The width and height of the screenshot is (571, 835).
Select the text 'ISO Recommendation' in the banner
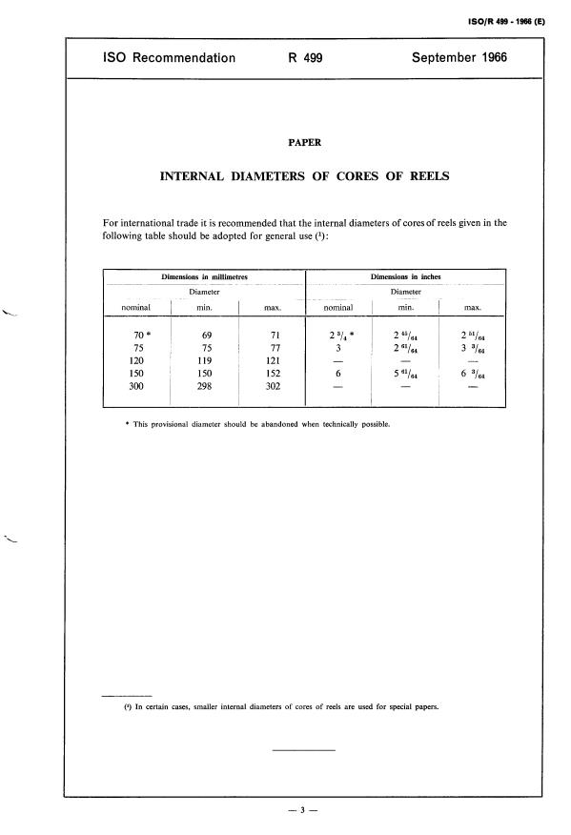coord(169,58)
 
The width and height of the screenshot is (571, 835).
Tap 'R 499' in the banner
coord(305,58)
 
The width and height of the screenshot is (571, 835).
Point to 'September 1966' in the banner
coord(459,58)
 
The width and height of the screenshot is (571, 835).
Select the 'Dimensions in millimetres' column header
coord(203,277)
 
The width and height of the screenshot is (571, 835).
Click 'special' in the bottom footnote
coord(385,706)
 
